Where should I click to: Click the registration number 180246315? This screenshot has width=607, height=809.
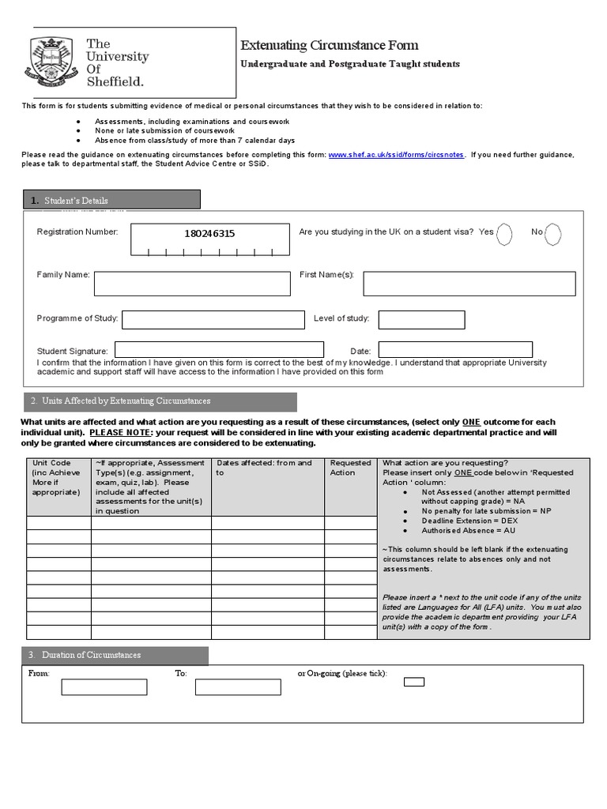pos(209,234)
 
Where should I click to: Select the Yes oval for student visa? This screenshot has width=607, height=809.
pos(504,233)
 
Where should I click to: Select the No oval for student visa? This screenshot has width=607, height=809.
pos(553,233)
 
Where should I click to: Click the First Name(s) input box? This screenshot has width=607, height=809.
pos(469,283)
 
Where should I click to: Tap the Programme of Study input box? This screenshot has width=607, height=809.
pos(213,319)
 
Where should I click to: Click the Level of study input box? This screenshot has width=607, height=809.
pos(421,319)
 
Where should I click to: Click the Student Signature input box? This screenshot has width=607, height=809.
pos(219,349)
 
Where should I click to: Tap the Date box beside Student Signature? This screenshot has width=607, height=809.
pos(454,349)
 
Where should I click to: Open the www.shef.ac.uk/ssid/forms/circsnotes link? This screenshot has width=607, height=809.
pos(397,155)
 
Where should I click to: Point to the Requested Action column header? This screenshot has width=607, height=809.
pos(350,468)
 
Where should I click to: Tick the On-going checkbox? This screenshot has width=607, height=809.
pos(413,681)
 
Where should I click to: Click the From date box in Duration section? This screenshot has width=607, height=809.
pos(104,687)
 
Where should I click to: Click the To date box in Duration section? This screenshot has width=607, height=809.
pos(238,687)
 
